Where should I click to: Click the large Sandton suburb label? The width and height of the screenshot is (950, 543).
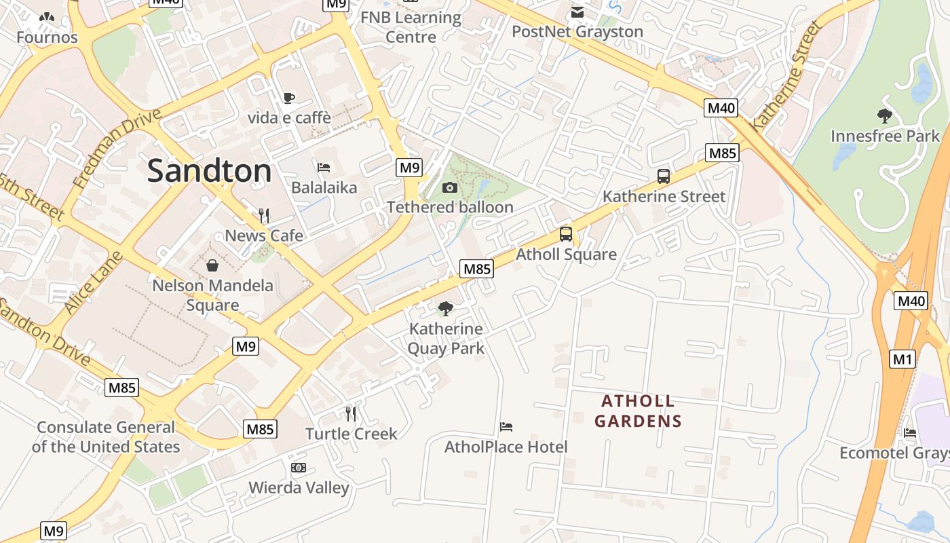click(x=209, y=170)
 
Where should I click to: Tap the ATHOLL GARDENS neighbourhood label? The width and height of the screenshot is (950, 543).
click(x=638, y=411)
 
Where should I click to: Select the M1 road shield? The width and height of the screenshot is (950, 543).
click(x=902, y=359)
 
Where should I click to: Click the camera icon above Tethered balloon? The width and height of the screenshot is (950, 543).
click(x=449, y=188)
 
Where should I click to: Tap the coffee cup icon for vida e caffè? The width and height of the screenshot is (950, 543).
click(x=289, y=98)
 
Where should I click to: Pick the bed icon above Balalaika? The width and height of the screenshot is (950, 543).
click(x=324, y=168)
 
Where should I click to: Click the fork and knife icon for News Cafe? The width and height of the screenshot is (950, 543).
click(x=264, y=216)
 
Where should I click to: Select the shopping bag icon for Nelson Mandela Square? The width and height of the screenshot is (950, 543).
click(x=212, y=265)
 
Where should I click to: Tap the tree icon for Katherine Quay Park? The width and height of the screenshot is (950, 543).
click(x=446, y=309)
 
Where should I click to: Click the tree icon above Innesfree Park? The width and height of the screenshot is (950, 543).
click(x=885, y=116)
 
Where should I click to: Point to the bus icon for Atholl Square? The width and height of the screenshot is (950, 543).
click(x=566, y=234)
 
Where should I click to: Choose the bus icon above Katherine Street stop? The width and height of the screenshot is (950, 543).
click(x=664, y=176)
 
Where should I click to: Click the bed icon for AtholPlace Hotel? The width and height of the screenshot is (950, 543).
click(x=506, y=427)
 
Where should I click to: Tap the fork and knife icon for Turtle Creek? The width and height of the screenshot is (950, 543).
click(x=351, y=413)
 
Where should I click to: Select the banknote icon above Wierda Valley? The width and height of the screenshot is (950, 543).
click(x=299, y=468)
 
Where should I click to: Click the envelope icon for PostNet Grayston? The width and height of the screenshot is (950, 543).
click(x=577, y=12)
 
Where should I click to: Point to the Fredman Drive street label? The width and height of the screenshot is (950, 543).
click(x=118, y=148)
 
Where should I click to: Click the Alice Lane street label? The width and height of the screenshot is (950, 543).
click(x=94, y=283)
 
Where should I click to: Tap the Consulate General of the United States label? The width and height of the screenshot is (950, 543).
click(x=106, y=437)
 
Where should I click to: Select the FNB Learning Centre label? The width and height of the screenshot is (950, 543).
click(x=411, y=27)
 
